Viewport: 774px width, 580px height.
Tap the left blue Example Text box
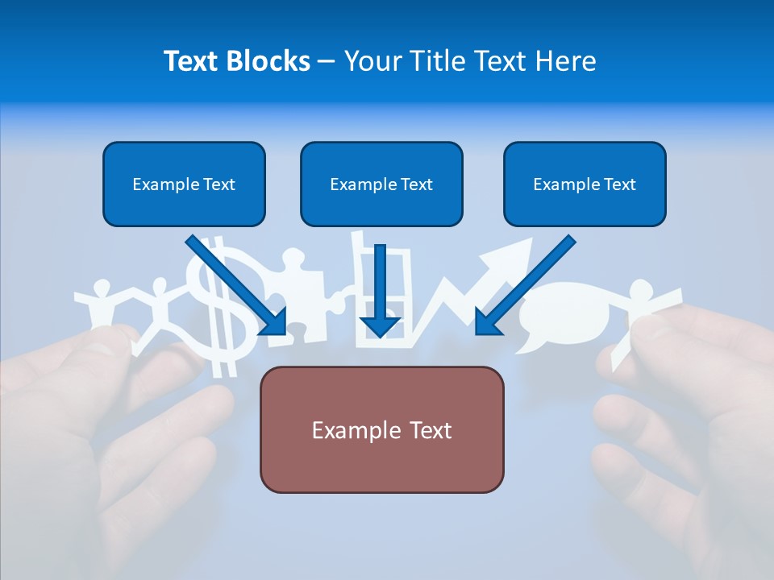coord(184,184)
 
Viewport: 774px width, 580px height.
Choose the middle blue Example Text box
coord(381,184)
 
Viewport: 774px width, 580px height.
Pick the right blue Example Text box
coord(585,184)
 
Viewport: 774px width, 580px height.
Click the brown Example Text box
coord(381,429)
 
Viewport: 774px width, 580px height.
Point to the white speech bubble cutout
coord(556,310)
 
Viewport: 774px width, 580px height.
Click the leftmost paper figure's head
coord(102,288)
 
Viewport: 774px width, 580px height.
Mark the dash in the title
coord(327,61)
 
